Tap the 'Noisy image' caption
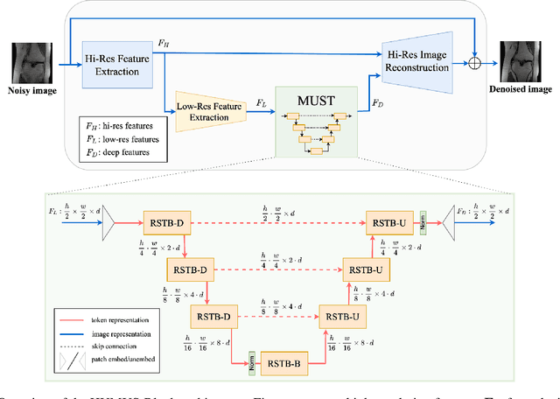tap(31, 87)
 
